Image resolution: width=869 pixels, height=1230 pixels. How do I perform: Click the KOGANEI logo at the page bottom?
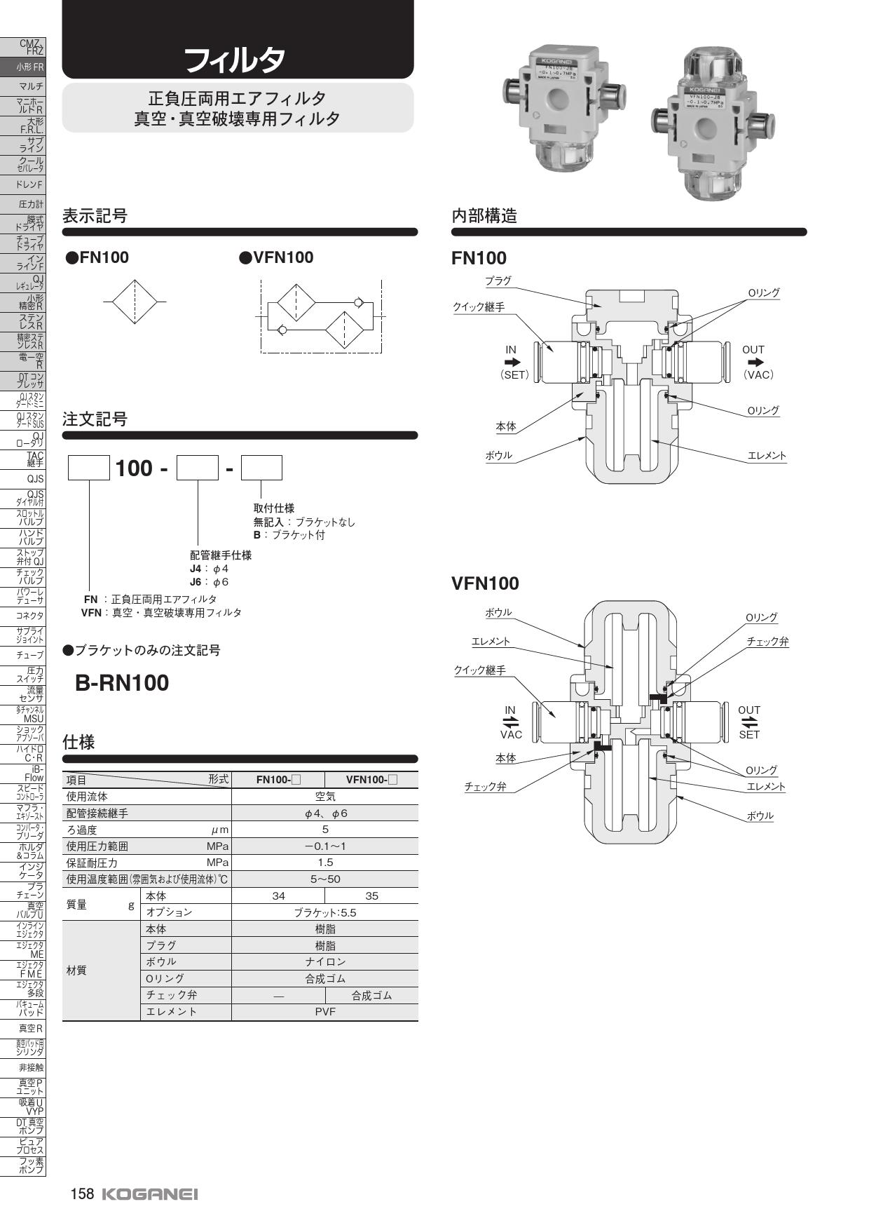tap(150, 1194)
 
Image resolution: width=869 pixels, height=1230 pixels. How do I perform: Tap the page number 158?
tap(82, 1194)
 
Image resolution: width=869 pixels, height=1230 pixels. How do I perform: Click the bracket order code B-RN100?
tap(122, 683)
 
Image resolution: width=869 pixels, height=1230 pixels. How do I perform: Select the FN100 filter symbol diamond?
tap(135, 302)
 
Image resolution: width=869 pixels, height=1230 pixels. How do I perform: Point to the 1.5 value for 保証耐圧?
tap(324, 863)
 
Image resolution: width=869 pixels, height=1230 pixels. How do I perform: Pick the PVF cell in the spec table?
tap(324, 1011)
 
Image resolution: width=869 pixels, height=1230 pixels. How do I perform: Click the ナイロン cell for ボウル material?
tap(324, 961)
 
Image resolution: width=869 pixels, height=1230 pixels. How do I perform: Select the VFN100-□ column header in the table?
tap(371, 779)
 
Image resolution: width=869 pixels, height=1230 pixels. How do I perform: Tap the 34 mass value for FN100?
tap(278, 896)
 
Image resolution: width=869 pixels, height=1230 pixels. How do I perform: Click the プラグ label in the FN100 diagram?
tap(498, 281)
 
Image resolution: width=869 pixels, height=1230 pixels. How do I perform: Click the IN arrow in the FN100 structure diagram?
tap(512, 363)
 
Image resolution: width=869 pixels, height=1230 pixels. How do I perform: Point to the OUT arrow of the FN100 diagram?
tap(755, 363)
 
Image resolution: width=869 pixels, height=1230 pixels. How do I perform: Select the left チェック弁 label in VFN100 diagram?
tap(485, 787)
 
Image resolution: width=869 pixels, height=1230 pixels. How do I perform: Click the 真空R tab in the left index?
tap(31, 1028)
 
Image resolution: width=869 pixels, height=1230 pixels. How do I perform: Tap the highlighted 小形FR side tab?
tap(31, 67)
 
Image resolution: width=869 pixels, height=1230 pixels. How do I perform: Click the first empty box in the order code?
tap(89, 468)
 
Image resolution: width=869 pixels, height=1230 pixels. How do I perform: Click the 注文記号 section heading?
tap(95, 419)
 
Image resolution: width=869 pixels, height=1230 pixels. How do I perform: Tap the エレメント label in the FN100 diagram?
tap(767, 456)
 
